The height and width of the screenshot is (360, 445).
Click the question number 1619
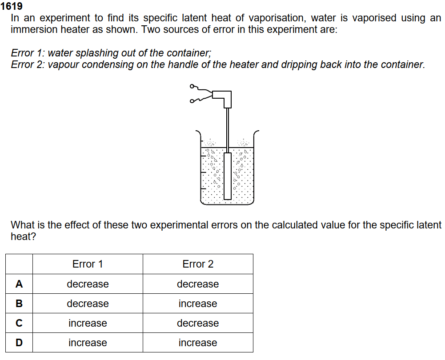click(x=12, y=7)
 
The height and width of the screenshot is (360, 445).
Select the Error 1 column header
click(x=88, y=264)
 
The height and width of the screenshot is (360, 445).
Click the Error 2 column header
click(x=198, y=264)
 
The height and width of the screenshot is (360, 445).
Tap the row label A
click(x=19, y=284)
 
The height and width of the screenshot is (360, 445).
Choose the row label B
click(x=19, y=304)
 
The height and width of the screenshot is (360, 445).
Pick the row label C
click(x=19, y=323)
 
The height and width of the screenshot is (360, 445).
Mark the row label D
click(x=19, y=343)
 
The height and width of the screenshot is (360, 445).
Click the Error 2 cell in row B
click(x=198, y=304)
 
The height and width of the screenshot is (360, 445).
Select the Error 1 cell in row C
click(x=88, y=323)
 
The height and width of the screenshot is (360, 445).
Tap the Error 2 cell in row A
click(x=198, y=284)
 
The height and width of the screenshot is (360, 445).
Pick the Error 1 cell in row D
click(x=88, y=343)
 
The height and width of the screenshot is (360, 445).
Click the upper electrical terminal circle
click(x=192, y=86)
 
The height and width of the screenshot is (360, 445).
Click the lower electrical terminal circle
click(x=192, y=101)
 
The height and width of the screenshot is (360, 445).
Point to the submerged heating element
click(x=228, y=176)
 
